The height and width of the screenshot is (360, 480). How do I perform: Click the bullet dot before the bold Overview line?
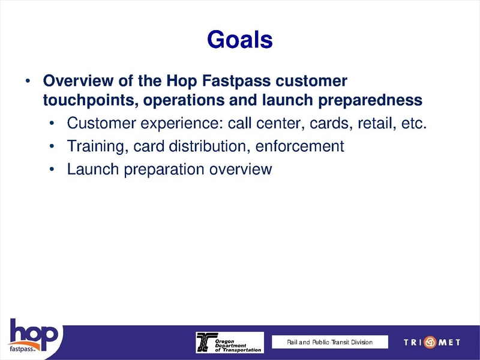27,81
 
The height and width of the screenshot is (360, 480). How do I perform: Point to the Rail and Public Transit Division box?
329,342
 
